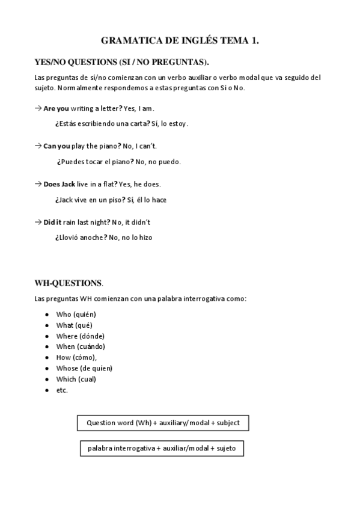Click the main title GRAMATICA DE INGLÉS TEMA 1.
[180, 41]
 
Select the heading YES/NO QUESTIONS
[123, 62]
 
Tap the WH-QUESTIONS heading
[69, 283]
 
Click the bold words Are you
[56, 108]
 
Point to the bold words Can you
[56, 146]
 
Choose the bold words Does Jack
[59, 184]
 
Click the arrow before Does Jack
[38, 184]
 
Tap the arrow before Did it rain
[38, 222]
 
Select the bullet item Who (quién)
[76, 315]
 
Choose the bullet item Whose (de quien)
[84, 368]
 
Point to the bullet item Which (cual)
[76, 379]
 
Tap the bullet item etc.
[62, 390]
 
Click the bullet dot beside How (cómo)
[47, 357]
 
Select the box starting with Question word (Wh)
[163, 423]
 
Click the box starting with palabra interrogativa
[162, 449]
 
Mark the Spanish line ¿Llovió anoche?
[103, 238]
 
